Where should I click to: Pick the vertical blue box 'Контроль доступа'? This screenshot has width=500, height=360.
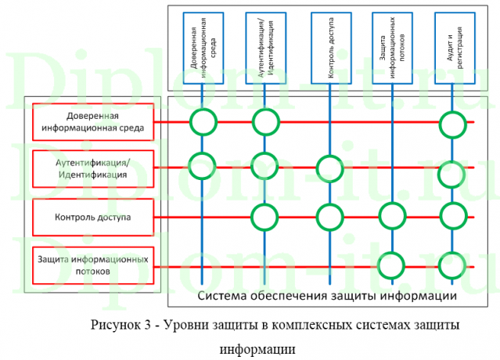pyautogui.click(x=329, y=46)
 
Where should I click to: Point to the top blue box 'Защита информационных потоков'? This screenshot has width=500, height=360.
pyautogui.click(x=392, y=46)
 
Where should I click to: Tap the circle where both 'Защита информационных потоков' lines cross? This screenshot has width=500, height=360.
pyautogui.click(x=391, y=265)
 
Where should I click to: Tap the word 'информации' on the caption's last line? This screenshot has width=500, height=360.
pyautogui.click(x=257, y=347)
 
